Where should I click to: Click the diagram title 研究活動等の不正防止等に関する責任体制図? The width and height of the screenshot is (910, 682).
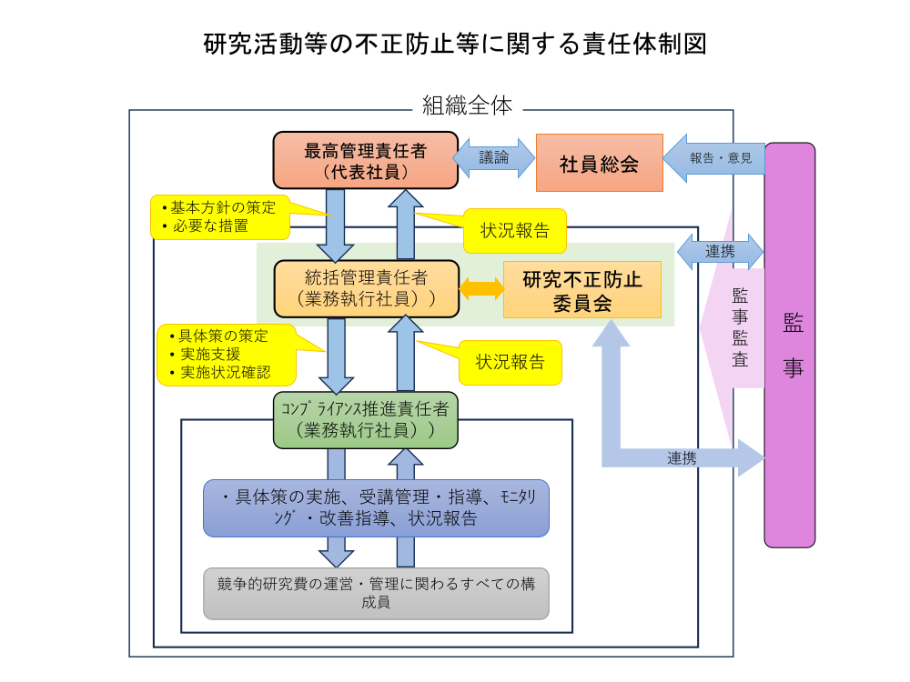tap(455, 43)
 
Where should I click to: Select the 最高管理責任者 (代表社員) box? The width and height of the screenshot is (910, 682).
tap(365, 160)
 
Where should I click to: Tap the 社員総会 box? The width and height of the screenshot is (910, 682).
tap(599, 163)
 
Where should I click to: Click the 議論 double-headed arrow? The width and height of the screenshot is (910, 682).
tap(495, 158)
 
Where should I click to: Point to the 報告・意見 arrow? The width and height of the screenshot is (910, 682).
tap(714, 158)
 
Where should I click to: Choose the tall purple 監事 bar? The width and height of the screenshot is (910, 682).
tap(789, 346)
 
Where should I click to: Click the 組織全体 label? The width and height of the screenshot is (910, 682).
tap(468, 105)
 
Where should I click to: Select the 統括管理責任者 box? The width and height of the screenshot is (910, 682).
tap(366, 287)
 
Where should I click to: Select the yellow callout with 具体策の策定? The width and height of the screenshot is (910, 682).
tap(226, 354)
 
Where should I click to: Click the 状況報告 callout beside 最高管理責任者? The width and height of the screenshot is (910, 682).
tap(515, 230)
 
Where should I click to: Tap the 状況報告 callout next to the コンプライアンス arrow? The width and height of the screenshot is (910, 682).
tap(510, 362)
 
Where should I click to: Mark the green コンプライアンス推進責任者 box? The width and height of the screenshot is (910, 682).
tap(365, 419)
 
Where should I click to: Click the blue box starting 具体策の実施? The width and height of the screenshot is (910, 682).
tap(376, 507)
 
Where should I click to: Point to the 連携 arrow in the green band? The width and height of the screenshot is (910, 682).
tap(720, 251)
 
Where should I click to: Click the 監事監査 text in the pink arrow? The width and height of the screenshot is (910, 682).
tap(741, 327)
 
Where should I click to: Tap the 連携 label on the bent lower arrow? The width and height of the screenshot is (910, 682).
tap(682, 458)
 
